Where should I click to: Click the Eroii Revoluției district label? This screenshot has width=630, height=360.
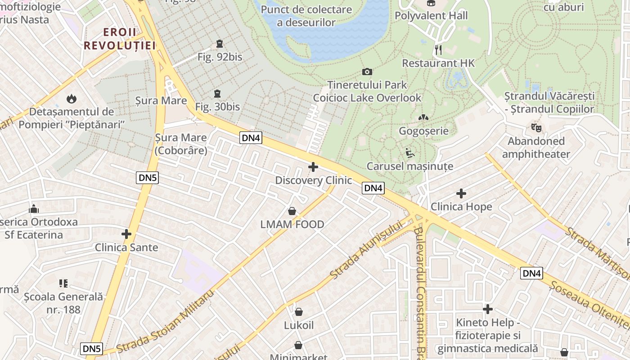coord(120,39)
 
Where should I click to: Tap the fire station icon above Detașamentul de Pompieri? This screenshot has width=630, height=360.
coord(71,98)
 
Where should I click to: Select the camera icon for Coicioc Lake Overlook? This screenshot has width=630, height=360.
coord(367,72)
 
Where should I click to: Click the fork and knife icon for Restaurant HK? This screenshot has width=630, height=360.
coord(438,49)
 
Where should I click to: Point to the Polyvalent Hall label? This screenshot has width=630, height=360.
coord(431,15)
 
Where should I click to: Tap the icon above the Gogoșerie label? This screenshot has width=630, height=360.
coord(423,117)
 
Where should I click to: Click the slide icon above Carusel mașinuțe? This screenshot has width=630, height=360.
coord(409,153)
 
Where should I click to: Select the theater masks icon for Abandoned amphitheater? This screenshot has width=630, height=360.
coord(535,128)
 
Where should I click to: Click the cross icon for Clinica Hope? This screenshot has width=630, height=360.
coord(461,193)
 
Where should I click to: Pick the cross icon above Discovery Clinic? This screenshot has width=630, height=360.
coord(313,167)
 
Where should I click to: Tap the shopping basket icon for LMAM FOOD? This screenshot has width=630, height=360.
coord(292,211)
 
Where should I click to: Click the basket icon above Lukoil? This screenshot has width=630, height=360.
coord(299,311)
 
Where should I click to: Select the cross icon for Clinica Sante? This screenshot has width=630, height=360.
coord(126,234)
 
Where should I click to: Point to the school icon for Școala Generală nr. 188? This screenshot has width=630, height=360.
coord(63,283)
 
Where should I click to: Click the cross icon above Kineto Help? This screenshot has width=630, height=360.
coord(488,309)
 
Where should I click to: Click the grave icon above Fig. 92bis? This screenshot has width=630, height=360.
coord(219,44)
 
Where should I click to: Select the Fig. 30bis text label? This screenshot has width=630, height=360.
coord(217,107)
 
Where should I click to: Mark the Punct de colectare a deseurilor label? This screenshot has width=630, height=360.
coord(306,16)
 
